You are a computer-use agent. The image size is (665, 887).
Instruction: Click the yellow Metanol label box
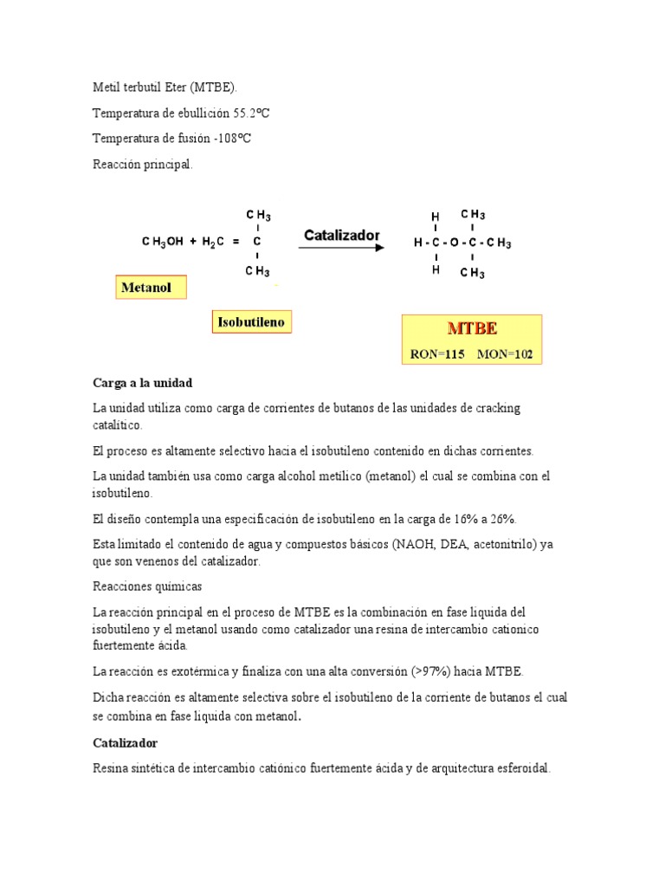pos(151,288)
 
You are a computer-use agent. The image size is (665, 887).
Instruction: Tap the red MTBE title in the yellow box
pos(471,329)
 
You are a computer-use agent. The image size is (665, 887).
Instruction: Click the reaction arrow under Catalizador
pos(341,249)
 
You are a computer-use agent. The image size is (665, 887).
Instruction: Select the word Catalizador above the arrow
pos(341,235)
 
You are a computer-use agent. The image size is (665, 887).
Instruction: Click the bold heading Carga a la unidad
pos(142,383)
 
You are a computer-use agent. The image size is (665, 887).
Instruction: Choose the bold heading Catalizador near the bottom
pos(125,743)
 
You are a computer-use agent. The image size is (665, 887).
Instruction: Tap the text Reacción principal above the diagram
pos(143,164)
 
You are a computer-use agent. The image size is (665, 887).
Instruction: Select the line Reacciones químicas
pos(147,586)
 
